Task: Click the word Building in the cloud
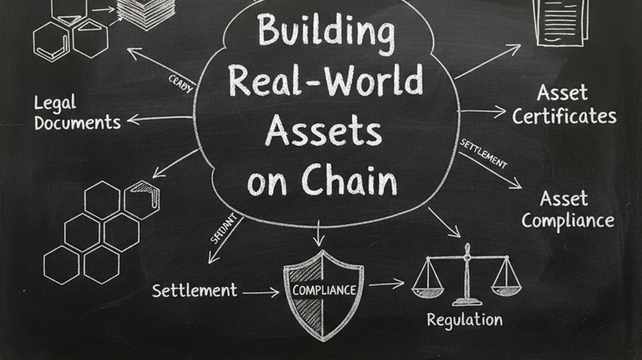click(325, 31)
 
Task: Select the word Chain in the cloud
click(349, 180)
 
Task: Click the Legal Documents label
click(77, 112)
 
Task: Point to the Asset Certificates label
click(564, 106)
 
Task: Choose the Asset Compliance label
click(568, 209)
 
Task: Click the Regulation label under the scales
click(464, 319)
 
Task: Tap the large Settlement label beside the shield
click(195, 291)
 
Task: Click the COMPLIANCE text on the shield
click(324, 290)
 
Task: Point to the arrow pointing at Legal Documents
click(159, 119)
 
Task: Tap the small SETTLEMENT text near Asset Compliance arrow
click(483, 154)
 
